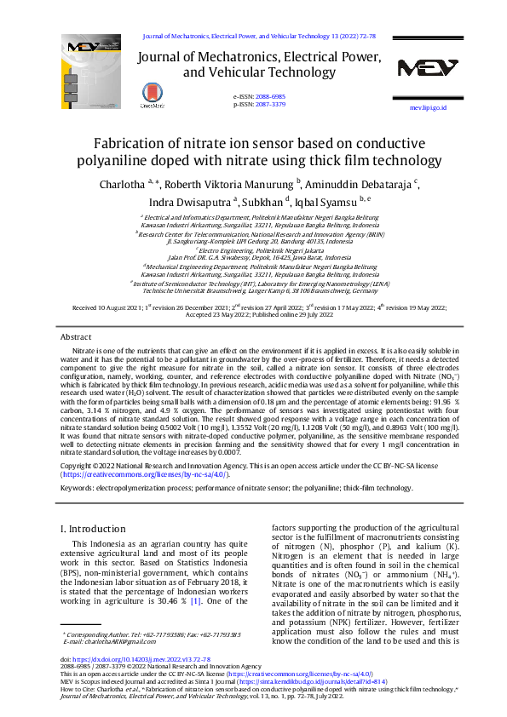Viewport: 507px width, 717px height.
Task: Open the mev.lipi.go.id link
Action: point(428,108)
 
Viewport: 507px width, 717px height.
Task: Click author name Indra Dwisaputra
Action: point(190,203)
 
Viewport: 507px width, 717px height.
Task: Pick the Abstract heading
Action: point(76,337)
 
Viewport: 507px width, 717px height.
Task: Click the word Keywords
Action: point(79,488)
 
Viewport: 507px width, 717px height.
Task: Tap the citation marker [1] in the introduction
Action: point(195,601)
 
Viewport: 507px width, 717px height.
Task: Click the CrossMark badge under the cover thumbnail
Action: point(153,97)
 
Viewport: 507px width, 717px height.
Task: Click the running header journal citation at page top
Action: point(258,37)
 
